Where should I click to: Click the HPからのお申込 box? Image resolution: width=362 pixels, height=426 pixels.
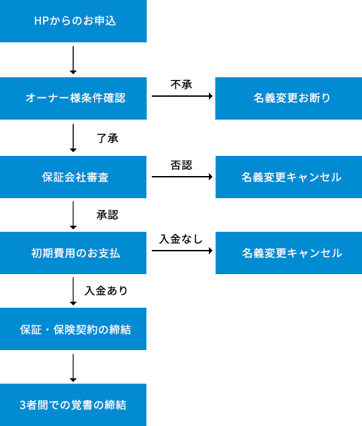click(x=73, y=21)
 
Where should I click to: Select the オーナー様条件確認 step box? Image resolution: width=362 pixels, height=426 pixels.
click(x=73, y=98)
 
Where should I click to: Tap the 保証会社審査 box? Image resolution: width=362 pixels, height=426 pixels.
click(x=73, y=177)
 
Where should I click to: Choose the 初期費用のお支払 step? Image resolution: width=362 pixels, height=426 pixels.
click(x=73, y=253)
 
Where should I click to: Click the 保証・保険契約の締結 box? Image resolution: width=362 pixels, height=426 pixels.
click(x=73, y=329)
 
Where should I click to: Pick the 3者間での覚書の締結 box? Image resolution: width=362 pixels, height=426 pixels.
click(x=73, y=404)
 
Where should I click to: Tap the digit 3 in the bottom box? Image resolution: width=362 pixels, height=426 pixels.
click(x=24, y=404)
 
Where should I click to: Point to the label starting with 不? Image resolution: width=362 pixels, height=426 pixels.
click(x=181, y=85)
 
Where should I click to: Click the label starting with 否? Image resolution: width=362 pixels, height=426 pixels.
click(x=181, y=165)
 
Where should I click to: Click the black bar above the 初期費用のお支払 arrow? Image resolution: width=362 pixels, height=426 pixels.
click(x=180, y=239)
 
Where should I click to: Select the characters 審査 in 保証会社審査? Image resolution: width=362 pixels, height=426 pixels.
click(x=97, y=177)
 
